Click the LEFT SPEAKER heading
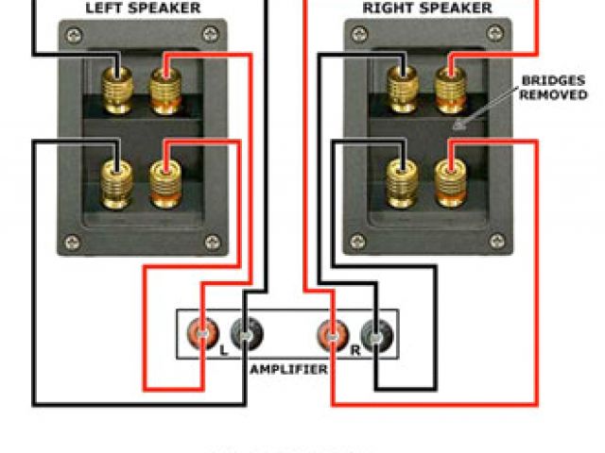pos(143,8)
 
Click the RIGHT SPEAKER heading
pos(428,8)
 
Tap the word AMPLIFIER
pos(288,369)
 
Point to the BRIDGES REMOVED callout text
pos(554,89)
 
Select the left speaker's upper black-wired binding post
pos(118,84)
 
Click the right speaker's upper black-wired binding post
pos(403,84)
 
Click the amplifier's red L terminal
pos(204,332)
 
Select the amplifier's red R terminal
pos(332,332)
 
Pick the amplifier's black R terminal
pos(374,332)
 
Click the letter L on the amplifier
pos(223,349)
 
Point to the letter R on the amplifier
pos(354,349)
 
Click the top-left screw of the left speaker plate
pos(70,38)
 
